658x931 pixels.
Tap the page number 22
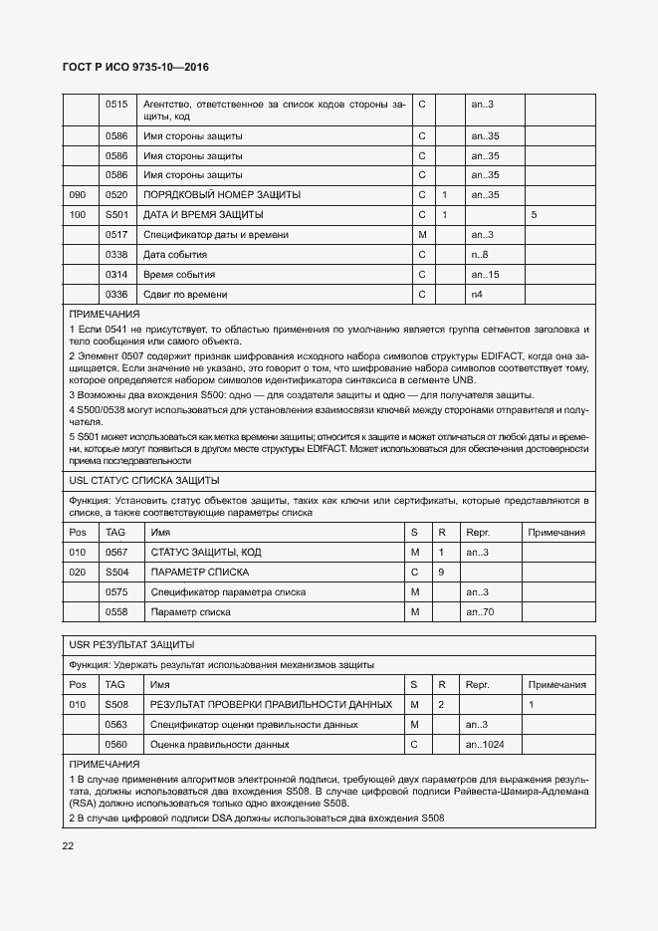(68, 846)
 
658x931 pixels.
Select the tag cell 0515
(117, 105)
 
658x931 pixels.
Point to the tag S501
(117, 215)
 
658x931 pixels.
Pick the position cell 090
(78, 195)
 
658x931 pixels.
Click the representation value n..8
(479, 255)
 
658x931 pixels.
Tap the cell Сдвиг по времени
(185, 295)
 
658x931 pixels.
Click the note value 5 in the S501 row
(535, 215)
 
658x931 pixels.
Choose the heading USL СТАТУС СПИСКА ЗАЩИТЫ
(135, 480)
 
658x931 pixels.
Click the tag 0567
(117, 553)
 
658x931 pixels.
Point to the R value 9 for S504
(443, 573)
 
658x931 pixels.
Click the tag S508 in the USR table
(117, 705)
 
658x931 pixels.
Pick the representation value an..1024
(485, 745)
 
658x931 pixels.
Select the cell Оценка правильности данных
(219, 745)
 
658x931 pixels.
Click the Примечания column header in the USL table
(556, 533)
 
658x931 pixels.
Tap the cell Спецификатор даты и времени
(216, 235)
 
